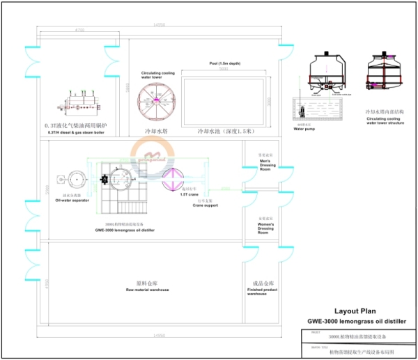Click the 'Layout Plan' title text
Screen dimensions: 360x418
point(355,311)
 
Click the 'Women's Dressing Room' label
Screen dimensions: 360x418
point(265,228)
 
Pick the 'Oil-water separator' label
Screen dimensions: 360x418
point(72,201)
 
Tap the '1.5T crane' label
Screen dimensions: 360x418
point(189,195)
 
